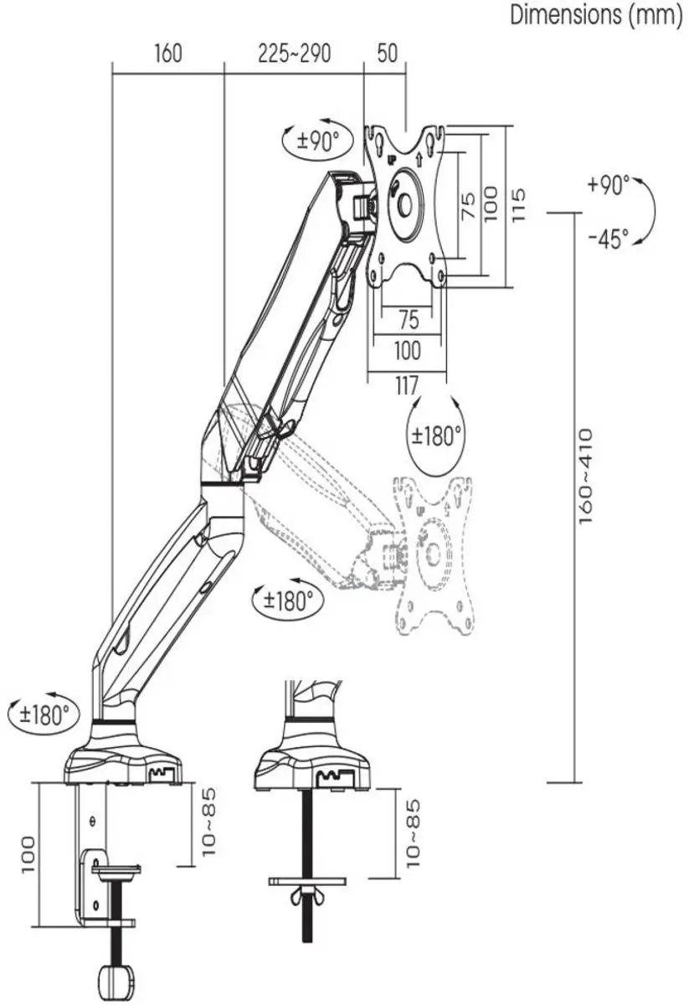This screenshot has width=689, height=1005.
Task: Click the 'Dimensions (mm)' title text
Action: tap(596, 15)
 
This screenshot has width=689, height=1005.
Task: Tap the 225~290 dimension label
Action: tap(294, 54)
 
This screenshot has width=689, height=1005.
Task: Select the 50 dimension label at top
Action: tap(387, 53)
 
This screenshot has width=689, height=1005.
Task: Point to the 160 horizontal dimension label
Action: tap(168, 54)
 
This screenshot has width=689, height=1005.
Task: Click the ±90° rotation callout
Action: tap(318, 141)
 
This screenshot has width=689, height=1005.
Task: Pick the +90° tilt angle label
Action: tap(609, 186)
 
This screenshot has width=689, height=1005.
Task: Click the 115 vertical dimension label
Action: tap(518, 204)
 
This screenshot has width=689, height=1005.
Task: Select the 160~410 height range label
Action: tap(586, 476)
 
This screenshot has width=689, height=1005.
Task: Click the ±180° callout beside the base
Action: tap(44, 714)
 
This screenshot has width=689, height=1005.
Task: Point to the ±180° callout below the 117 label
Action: tap(436, 435)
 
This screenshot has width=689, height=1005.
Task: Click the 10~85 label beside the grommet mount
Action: tap(413, 833)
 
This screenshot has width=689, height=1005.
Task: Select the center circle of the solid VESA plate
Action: tap(404, 205)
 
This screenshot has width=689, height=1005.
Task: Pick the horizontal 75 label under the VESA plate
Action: tap(408, 320)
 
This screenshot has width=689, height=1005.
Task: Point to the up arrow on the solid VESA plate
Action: tap(419, 158)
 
